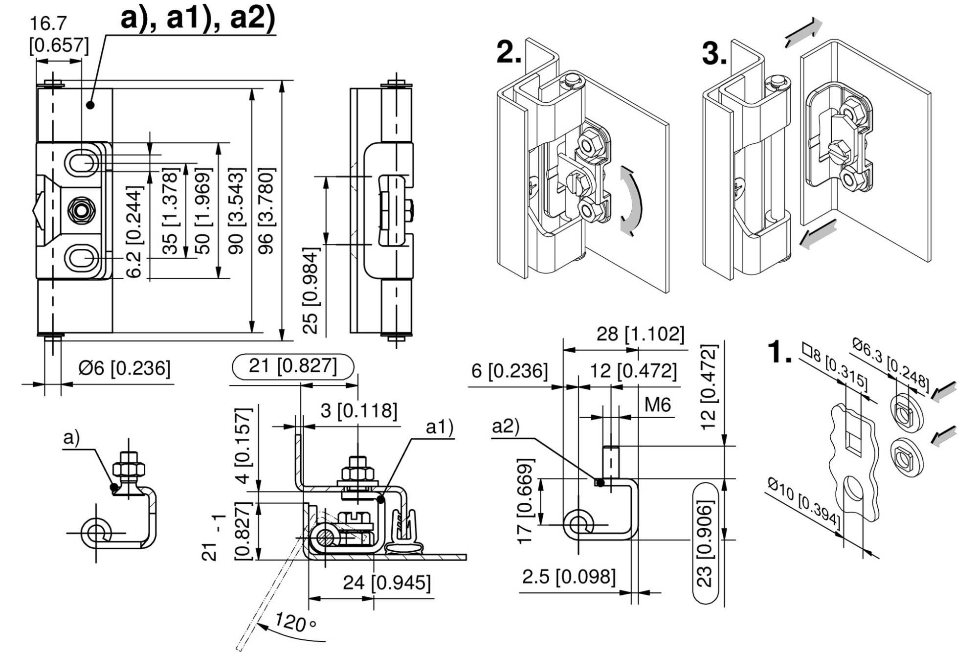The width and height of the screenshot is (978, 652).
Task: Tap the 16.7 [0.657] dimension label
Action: tap(59, 35)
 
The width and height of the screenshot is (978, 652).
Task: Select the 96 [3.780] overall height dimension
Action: tap(267, 210)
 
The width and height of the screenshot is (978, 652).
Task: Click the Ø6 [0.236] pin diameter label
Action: tap(124, 368)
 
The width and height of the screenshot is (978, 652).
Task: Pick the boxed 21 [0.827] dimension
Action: tap(293, 366)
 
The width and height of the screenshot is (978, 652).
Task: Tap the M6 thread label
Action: tap(657, 405)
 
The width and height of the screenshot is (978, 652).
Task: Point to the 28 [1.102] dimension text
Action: tap(640, 335)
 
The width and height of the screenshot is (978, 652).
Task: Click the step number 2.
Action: tap(509, 53)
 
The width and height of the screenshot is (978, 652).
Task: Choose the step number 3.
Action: tap(714, 53)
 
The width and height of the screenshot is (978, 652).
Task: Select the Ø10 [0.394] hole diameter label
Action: tap(804, 504)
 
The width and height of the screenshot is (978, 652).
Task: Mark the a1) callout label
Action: tap(440, 427)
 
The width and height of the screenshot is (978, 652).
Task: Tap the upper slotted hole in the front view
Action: tap(81, 162)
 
